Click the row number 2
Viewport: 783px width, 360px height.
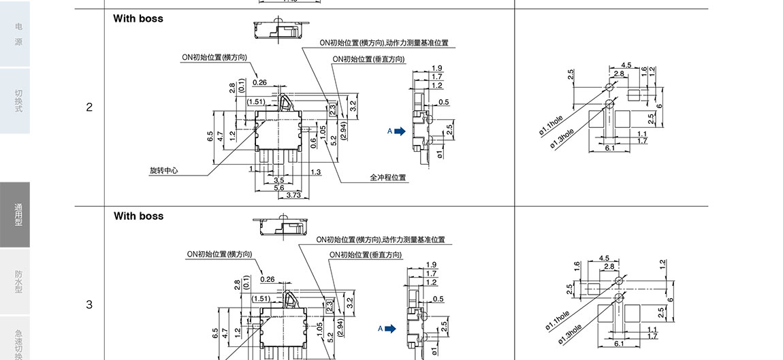pos(89,108)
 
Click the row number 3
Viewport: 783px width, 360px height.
pos(89,305)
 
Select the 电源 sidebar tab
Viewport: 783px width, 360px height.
pos(18,34)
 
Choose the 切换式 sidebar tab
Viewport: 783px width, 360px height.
pos(18,101)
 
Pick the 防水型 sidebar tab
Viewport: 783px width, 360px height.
pos(18,282)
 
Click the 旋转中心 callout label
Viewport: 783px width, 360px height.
pos(163,171)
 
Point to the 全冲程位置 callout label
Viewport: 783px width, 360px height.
pos(388,178)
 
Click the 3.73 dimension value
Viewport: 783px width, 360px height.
pos(293,195)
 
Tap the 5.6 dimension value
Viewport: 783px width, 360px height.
pos(279,188)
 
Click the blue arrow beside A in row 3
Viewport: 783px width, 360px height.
pos(390,329)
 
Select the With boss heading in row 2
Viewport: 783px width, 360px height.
pos(138,18)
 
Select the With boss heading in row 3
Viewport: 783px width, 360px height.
pos(138,216)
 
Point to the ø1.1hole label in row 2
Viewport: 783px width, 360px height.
pos(551,125)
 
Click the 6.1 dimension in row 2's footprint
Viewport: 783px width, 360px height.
pos(609,148)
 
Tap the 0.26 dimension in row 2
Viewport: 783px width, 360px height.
pos(259,82)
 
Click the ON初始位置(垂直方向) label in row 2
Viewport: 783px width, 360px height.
pos(368,59)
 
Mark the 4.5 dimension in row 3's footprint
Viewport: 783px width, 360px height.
pos(604,258)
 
